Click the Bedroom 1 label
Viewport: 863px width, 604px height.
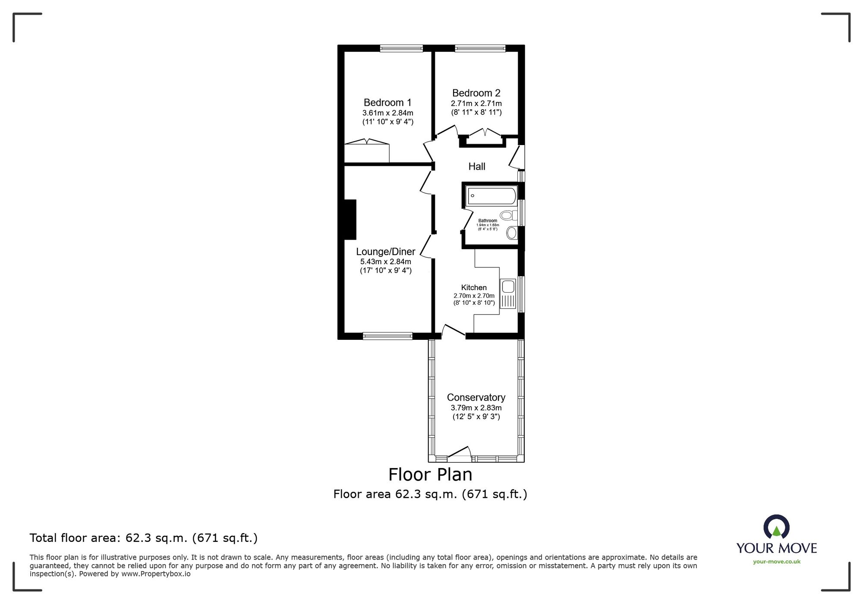[x=387, y=103]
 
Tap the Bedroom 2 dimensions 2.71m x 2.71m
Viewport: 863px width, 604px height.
[x=476, y=104]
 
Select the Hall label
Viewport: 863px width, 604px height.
[x=476, y=167]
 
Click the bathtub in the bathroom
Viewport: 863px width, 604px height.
[x=491, y=196]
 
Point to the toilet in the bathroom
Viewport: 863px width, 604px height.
[x=507, y=215]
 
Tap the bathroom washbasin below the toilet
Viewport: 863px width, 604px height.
[x=512, y=233]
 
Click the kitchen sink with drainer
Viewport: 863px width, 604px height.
[x=508, y=294]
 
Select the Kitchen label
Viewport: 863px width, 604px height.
[x=474, y=288]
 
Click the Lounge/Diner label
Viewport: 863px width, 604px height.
[x=385, y=252]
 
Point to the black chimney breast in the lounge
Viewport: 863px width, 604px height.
[x=350, y=219]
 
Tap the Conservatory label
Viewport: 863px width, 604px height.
[x=476, y=397]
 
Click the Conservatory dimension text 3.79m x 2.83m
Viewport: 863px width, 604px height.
[x=476, y=408]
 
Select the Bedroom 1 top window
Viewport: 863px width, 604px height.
[x=401, y=48]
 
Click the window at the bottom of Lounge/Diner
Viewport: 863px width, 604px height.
[x=387, y=336]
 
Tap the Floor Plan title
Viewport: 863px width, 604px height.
[x=430, y=474]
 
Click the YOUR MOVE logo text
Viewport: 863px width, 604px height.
[x=776, y=548]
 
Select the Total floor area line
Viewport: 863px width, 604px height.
[x=143, y=538]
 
